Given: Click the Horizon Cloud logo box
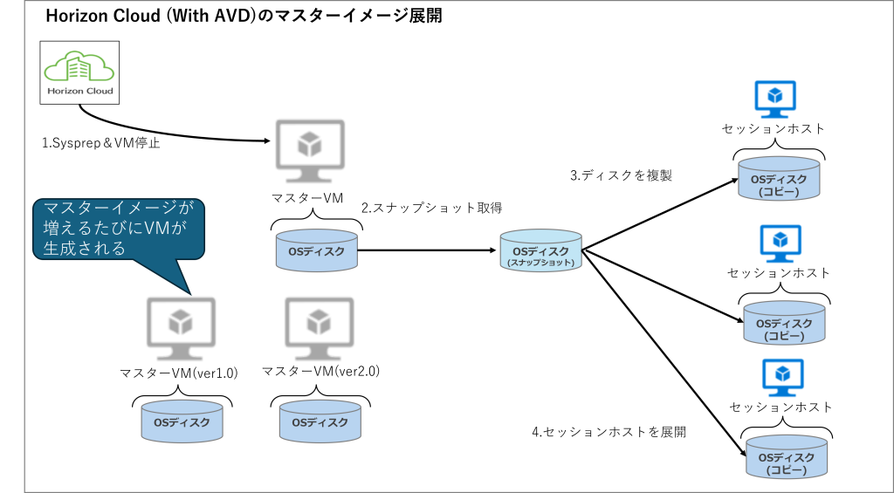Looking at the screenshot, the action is point(79,72).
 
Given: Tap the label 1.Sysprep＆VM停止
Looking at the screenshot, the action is point(101,144).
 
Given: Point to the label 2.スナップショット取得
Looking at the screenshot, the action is point(431,209).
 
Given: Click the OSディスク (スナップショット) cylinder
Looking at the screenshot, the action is point(541,250).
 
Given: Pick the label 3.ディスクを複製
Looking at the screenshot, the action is point(622,175).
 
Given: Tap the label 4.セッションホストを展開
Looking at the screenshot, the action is point(609,432).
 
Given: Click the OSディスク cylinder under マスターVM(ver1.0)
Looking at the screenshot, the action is point(182,421).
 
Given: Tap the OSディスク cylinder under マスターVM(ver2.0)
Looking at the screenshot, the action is point(320,421).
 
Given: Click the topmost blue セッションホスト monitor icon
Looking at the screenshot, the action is point(775,99).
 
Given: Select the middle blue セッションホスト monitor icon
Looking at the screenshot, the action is point(781,243).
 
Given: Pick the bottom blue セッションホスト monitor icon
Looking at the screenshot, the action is point(783,378).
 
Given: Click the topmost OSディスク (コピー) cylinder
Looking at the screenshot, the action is point(779,178).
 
